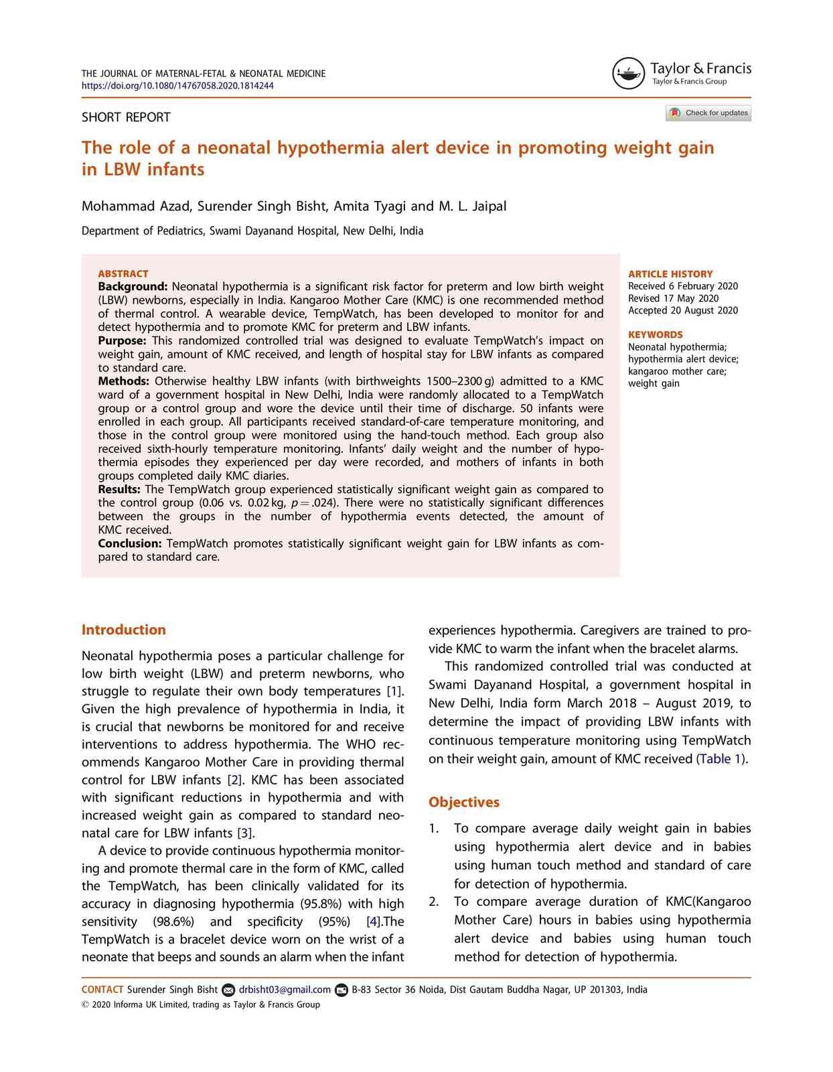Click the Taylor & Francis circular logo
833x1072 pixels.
tap(628, 73)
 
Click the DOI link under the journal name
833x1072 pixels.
tap(177, 86)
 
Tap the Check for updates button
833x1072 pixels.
tap(708, 113)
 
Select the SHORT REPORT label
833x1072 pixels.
tap(126, 117)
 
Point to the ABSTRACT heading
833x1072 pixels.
tap(123, 273)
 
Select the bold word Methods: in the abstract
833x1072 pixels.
tap(123, 381)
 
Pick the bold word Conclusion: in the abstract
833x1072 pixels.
tap(130, 543)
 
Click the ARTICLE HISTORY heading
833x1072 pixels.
tap(670, 274)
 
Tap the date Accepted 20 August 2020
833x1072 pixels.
tap(683, 310)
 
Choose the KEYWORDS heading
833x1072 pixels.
tap(656, 334)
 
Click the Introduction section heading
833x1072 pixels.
tap(123, 630)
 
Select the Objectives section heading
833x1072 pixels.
tap(464, 802)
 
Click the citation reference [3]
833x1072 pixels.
tap(245, 833)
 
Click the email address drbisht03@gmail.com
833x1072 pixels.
tap(285, 990)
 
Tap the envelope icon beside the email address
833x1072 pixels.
tap(228, 990)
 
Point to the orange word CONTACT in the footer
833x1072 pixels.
tap(102, 990)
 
